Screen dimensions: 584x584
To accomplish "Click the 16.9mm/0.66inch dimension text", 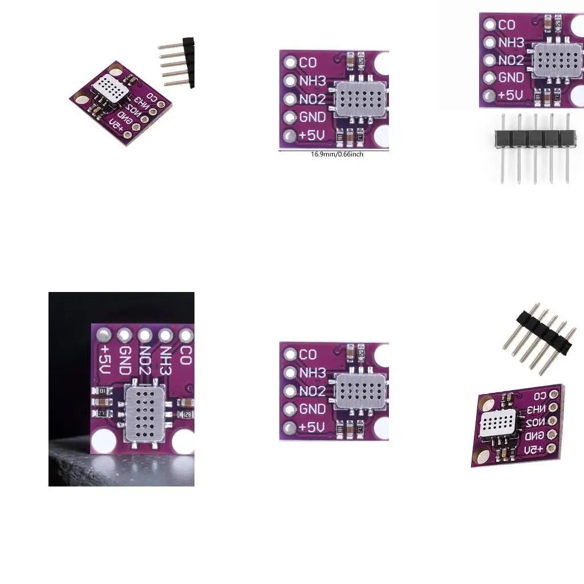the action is (x=336, y=155).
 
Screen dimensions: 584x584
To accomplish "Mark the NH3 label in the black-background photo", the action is (x=165, y=360).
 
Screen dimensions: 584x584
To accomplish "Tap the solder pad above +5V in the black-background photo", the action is (x=104, y=334).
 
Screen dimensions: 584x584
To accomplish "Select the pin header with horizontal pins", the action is (x=177, y=62).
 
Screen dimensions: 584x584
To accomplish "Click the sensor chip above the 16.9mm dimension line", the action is (x=358, y=99).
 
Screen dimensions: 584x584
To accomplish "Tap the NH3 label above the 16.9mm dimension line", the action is (x=313, y=81).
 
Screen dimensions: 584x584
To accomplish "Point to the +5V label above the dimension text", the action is (x=312, y=136).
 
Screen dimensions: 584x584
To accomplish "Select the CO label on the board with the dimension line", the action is (x=308, y=62).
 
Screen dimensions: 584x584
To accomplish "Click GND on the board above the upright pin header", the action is (x=511, y=78).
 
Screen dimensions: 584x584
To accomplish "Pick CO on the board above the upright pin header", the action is (x=506, y=25).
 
